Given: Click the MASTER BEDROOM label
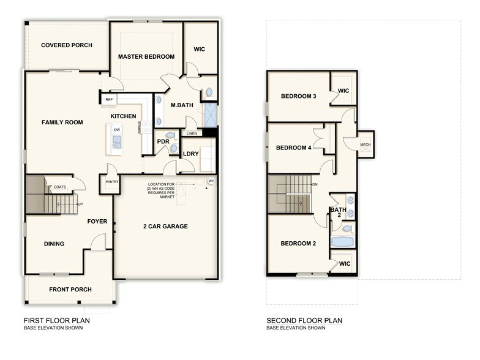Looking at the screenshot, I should pos(146,57).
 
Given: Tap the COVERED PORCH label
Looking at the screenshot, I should pos(66,45).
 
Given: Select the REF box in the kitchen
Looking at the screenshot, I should pos(109,99).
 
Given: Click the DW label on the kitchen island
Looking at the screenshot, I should pos(116,130).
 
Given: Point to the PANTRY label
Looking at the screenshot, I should pos(111,181).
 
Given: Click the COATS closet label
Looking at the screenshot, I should pos(60,187).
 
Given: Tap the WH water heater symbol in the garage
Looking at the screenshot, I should pos(211,181).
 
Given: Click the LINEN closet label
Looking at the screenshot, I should pos(192,133).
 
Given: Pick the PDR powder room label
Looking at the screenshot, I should pos(163,141).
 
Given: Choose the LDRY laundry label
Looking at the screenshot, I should pos(190,153).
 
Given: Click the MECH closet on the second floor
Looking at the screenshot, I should pos(366,145).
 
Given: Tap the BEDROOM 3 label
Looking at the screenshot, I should pos(298,96).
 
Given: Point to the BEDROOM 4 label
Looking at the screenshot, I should pos(293,148).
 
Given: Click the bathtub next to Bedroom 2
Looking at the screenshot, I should pos(343,242).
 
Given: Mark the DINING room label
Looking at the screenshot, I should pos(54,244).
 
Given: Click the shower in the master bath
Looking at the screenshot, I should pos(209,114).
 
